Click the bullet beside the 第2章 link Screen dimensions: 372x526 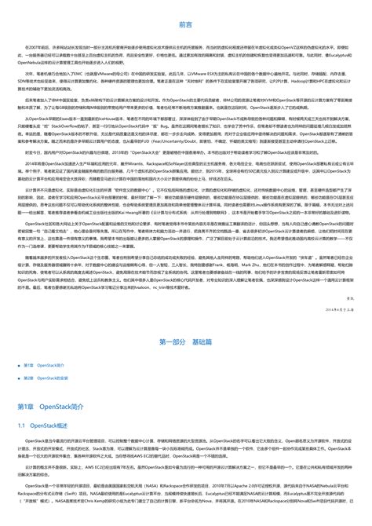[x=19, y=378]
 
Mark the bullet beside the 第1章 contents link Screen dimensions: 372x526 [x=19, y=366]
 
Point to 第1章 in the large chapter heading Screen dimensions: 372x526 [x=28, y=407]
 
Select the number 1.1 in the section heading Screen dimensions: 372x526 [x=23, y=425]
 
